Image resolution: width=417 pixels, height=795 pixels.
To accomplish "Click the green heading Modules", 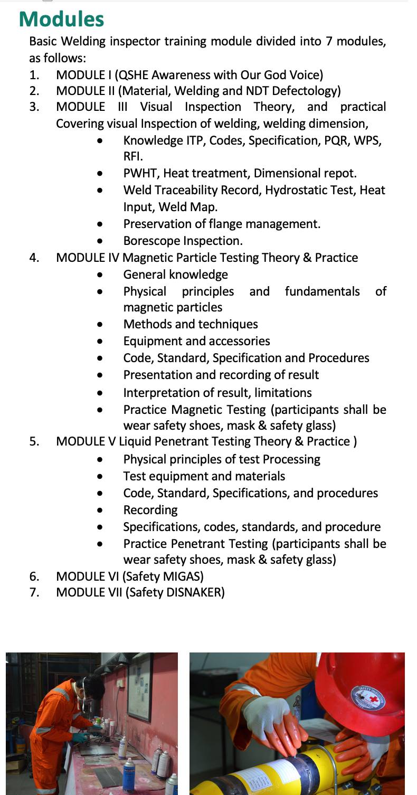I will tap(61, 19).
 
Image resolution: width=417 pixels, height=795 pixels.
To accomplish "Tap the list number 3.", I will tap(34, 107).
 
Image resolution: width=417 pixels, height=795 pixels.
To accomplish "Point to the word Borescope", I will tap(151, 241).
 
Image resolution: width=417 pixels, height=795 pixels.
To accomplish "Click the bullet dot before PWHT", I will tap(100, 174).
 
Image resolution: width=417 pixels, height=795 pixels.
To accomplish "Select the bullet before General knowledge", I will tap(100, 275).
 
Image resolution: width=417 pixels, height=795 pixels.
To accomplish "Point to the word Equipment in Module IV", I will tap(151, 341).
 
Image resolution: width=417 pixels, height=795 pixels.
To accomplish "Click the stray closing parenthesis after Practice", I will tap(355, 441).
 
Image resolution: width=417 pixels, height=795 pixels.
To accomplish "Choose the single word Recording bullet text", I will tap(150, 510).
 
